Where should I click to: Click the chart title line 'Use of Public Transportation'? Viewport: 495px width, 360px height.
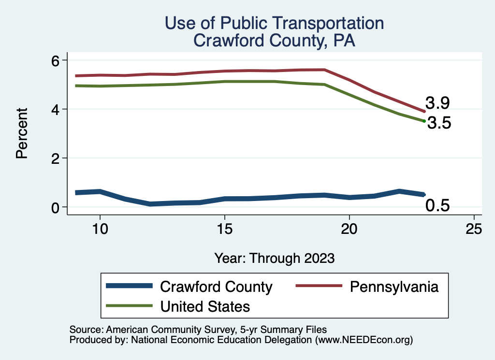(274, 23)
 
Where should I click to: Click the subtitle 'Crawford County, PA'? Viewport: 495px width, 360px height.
(274, 41)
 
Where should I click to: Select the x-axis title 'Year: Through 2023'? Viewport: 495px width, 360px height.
(274, 258)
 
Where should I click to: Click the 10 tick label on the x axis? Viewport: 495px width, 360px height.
(100, 229)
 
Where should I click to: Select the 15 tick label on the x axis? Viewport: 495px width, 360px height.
(224, 229)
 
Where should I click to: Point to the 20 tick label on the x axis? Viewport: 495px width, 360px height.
(349, 229)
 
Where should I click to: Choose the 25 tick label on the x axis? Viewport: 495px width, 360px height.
(474, 229)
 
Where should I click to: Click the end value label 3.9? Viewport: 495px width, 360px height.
(437, 103)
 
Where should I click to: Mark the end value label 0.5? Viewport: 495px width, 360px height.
(437, 206)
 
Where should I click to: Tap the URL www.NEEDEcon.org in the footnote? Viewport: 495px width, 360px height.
(364, 340)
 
